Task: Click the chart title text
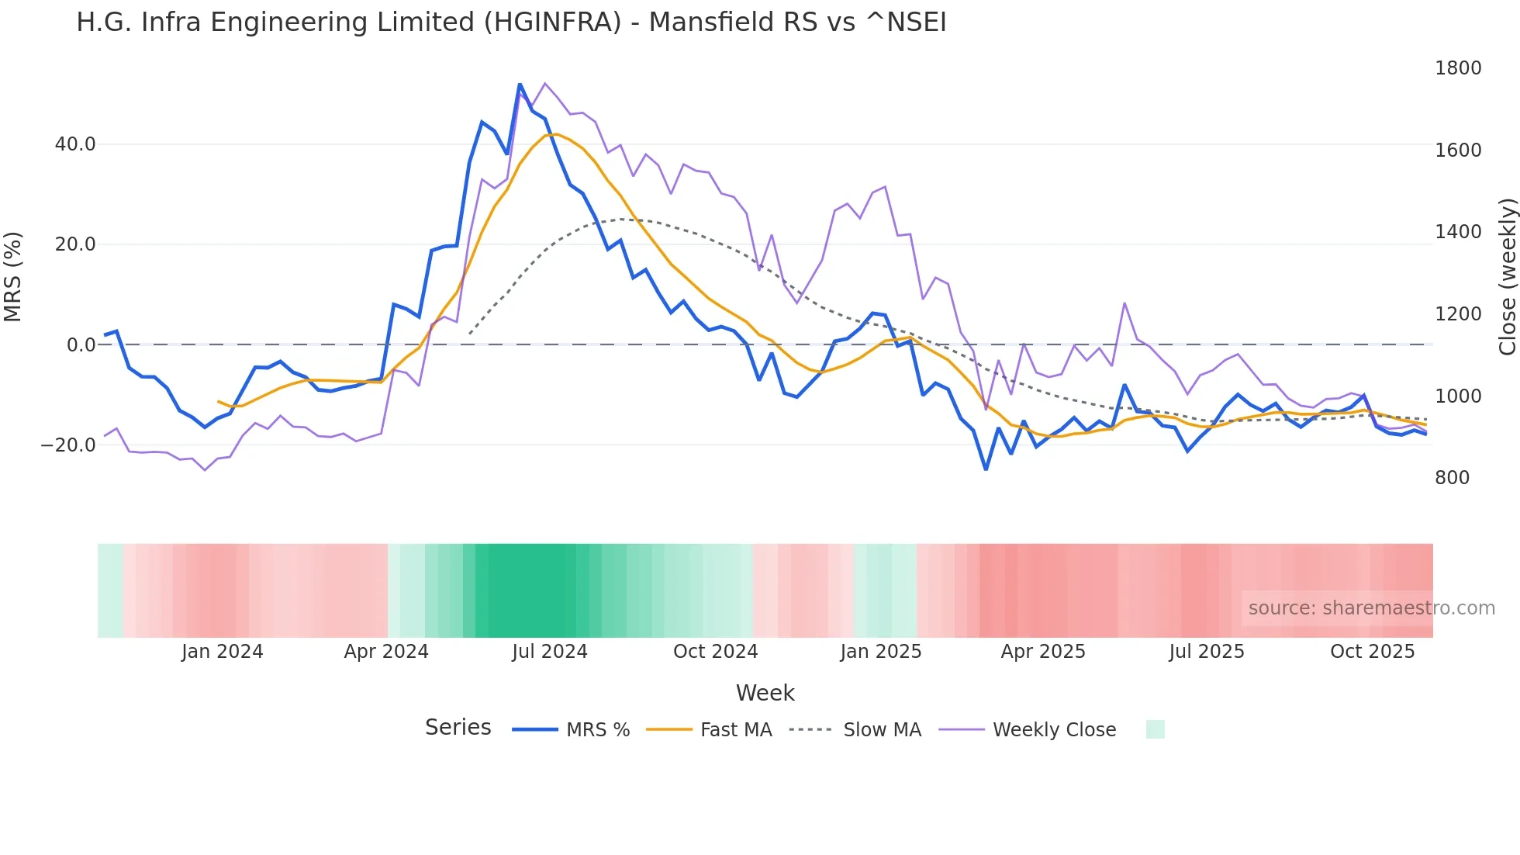click(511, 22)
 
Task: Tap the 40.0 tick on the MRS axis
click(75, 144)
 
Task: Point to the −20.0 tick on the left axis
click(68, 445)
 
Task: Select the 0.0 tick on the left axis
click(81, 345)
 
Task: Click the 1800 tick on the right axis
click(1458, 68)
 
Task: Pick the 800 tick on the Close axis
click(1452, 478)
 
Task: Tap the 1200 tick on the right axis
click(1458, 314)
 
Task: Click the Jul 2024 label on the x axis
click(549, 652)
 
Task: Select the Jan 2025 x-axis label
click(880, 652)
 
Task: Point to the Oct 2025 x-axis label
click(1372, 652)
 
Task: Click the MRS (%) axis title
click(13, 276)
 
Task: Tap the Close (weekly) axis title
click(1507, 276)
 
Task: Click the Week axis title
click(765, 693)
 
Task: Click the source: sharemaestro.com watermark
click(1371, 608)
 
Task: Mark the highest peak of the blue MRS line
click(520, 85)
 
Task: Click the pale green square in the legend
click(1155, 729)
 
